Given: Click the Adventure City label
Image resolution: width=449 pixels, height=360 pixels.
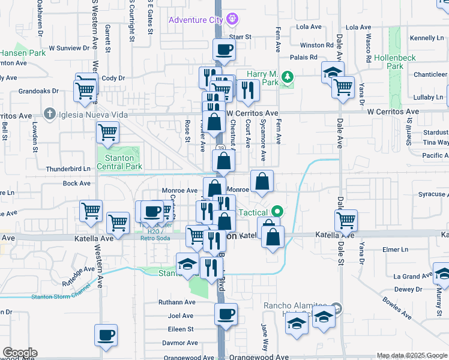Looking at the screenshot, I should pos(196,20).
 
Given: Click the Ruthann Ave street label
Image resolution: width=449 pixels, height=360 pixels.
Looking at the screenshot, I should pos(178,302).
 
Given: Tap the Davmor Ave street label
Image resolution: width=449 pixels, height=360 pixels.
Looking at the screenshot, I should pos(180,343).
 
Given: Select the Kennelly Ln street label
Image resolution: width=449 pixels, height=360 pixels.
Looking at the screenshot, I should pos(427,38).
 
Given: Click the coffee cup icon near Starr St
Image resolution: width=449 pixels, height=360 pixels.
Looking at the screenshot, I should pos(224,50).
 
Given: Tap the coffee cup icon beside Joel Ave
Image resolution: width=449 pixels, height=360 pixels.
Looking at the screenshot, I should pos(226,314).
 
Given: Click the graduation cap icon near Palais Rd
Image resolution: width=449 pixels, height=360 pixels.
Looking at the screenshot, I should pos(333,73).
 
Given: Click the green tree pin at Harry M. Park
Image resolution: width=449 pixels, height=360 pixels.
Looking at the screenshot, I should pos(288,76).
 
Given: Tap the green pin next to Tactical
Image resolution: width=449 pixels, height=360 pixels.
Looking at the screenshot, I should pos(277,212).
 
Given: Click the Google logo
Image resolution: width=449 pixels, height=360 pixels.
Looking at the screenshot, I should pos(20,353).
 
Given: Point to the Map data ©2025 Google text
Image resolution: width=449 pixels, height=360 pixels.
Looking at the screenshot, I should pos(412,356).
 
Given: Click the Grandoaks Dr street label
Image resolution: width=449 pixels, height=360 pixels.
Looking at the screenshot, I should pos(38,92).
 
